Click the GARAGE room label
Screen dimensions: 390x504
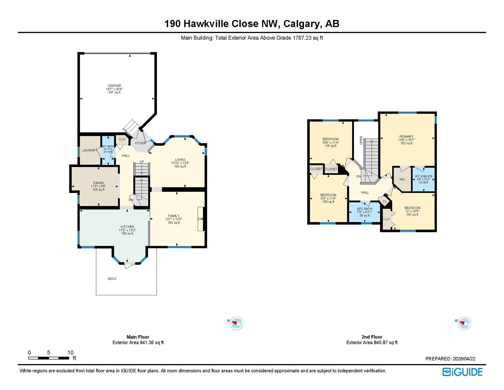114,86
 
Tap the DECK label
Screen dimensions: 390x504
112,279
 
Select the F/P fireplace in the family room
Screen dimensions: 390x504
200,219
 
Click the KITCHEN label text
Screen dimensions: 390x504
127,227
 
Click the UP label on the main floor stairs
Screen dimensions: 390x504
141,162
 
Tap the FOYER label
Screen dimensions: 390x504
140,143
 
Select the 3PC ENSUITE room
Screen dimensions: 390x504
423,179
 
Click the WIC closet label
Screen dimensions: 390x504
402,180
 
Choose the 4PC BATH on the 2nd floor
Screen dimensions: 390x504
364,212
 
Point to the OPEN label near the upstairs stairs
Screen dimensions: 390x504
361,140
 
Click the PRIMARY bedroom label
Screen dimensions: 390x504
406,137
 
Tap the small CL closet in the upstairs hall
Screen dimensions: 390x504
385,201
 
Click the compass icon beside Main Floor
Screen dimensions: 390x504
236,323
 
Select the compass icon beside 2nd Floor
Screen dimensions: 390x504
464,323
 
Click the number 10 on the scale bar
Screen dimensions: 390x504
70,353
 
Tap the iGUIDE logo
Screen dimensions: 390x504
462,372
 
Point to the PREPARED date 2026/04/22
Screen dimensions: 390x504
464,359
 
